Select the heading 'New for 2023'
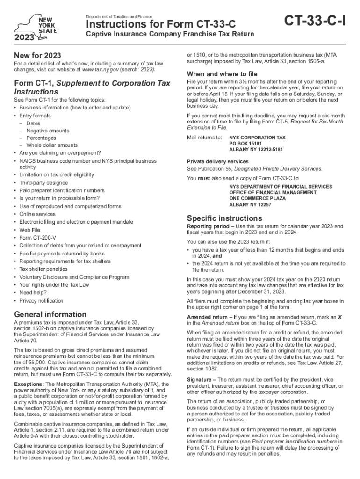[x=38, y=55]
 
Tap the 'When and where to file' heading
[x=222, y=74]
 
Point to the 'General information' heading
[x=50, y=314]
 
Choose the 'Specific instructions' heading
[x=224, y=218]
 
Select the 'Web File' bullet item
[x=30, y=230]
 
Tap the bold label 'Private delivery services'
[x=218, y=161]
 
